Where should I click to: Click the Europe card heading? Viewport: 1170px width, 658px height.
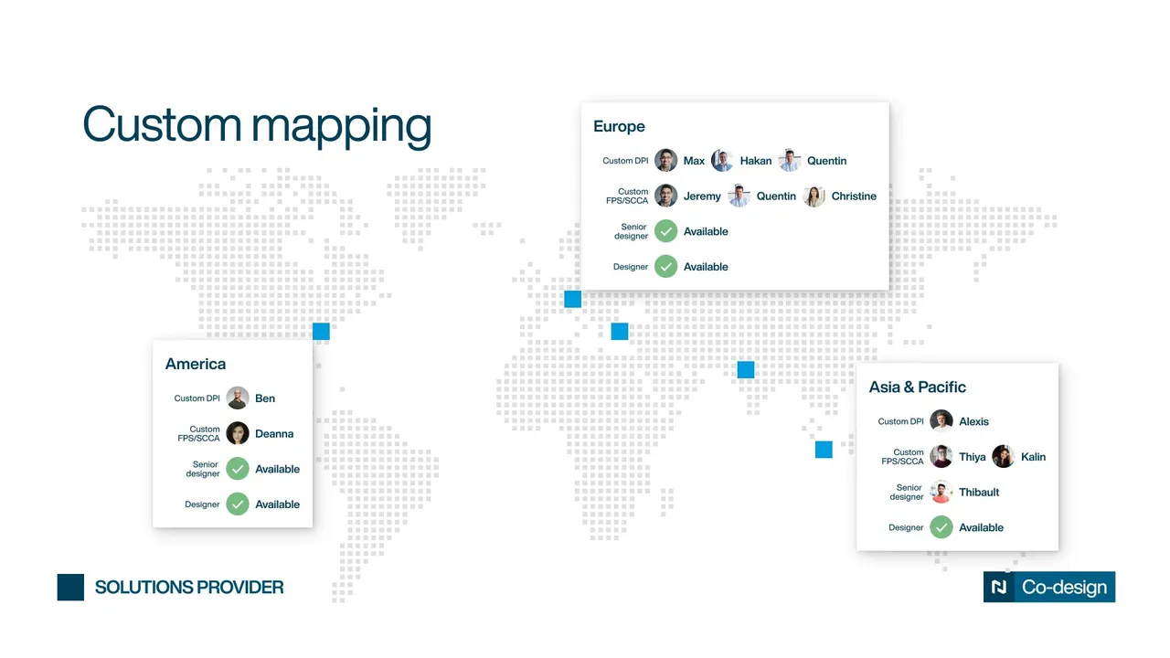click(x=619, y=126)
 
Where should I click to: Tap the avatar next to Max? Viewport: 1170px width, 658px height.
click(x=666, y=160)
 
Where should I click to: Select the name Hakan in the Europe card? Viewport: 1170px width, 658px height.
click(x=755, y=161)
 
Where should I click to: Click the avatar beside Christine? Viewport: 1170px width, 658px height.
click(x=814, y=196)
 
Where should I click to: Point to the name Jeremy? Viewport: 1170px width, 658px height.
click(x=702, y=196)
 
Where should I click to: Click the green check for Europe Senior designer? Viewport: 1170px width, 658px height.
click(x=666, y=231)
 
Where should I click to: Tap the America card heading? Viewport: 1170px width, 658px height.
click(x=196, y=364)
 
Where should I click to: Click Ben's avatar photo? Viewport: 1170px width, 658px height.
click(x=238, y=398)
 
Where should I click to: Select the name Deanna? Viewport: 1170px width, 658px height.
click(x=274, y=433)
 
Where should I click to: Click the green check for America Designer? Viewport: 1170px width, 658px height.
click(x=238, y=504)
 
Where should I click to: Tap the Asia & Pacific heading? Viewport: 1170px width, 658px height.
click(x=917, y=387)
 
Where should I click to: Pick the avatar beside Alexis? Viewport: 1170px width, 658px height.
click(x=941, y=421)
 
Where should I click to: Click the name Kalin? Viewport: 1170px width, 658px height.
click(x=1033, y=457)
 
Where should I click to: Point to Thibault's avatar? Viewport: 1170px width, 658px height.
click(x=941, y=492)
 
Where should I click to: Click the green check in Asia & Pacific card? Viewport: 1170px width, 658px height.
click(x=941, y=527)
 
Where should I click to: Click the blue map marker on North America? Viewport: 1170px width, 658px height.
click(x=321, y=331)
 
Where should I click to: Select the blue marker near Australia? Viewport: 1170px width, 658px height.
click(x=824, y=449)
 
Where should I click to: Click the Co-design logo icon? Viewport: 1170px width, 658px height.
click(x=999, y=587)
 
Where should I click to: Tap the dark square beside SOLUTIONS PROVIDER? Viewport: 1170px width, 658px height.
click(x=70, y=587)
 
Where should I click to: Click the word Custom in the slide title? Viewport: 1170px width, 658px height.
click(x=162, y=124)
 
